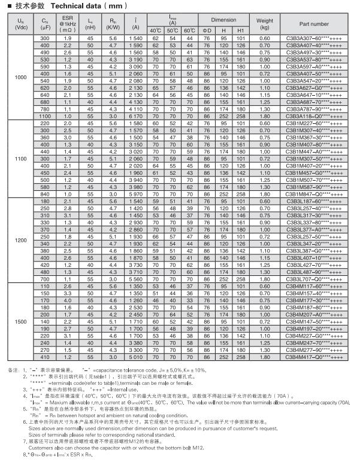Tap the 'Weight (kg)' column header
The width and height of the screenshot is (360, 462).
(x=265, y=24)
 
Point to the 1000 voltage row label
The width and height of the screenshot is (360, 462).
(x=21, y=78)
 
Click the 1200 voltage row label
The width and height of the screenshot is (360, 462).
(x=21, y=239)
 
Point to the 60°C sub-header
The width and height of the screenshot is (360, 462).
(x=189, y=30)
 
